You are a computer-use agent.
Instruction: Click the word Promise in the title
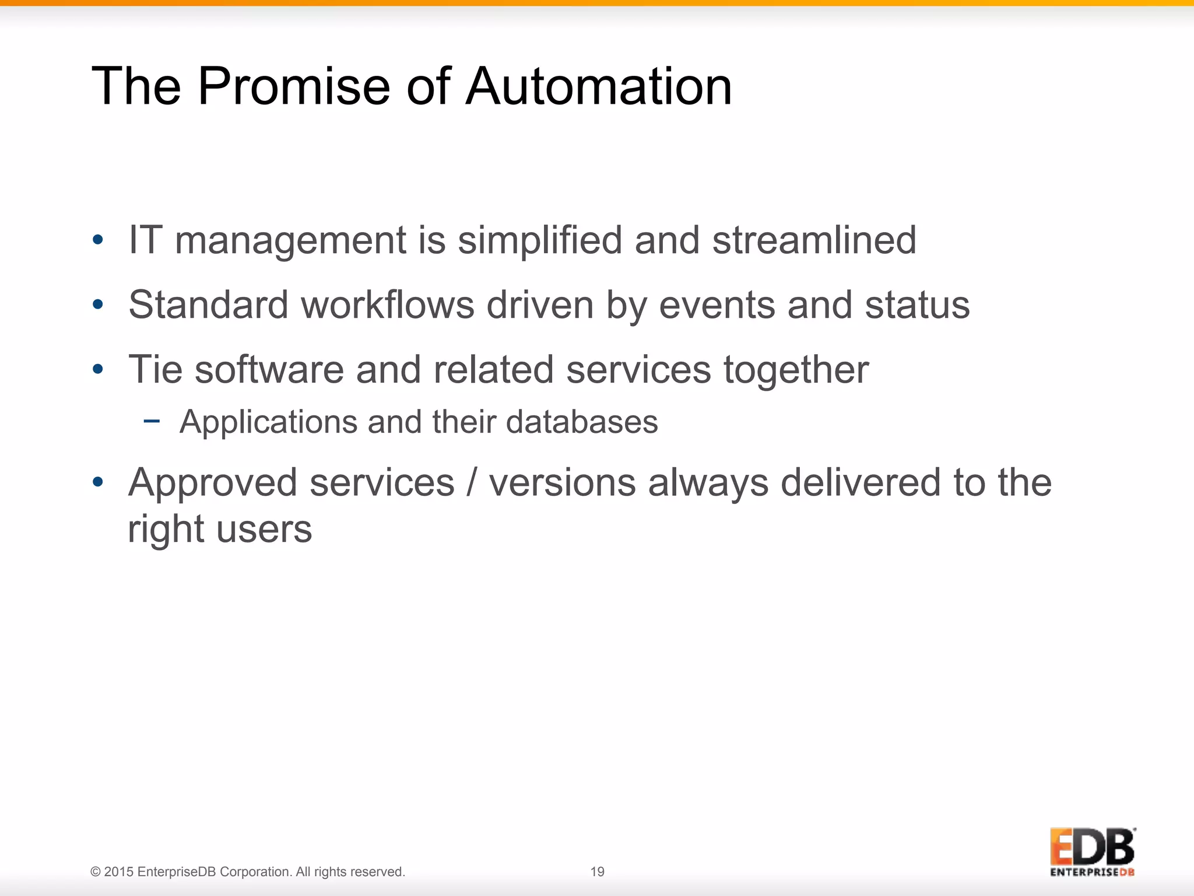tap(294, 86)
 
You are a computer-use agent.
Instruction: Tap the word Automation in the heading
tap(599, 86)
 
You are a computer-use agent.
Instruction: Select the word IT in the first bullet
tap(145, 240)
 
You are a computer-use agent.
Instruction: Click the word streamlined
tap(814, 240)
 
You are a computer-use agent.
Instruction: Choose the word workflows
tap(388, 304)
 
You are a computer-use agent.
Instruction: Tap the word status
tap(917, 306)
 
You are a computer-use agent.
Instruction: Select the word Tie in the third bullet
tap(156, 369)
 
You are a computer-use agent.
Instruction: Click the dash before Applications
tap(152, 421)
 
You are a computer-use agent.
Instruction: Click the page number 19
tap(598, 871)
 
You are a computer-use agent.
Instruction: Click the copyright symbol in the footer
tap(96, 872)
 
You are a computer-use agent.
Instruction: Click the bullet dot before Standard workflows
tap(98, 304)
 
